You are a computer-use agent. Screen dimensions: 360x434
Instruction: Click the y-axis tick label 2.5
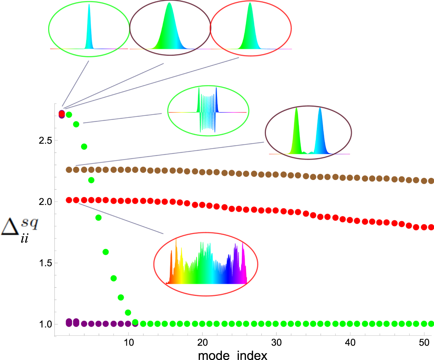(x=45, y=140)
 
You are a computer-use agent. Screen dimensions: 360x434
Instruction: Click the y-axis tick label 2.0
(x=45, y=202)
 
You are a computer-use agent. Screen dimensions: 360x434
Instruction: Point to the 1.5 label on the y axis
(x=45, y=263)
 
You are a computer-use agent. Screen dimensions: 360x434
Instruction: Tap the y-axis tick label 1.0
(x=45, y=324)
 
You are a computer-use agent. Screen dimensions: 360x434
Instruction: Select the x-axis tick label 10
(x=128, y=343)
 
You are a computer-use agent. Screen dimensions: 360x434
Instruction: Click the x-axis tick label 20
(x=202, y=343)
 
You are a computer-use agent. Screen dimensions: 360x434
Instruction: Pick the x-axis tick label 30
(x=276, y=343)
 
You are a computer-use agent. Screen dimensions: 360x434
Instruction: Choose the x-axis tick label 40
(x=350, y=343)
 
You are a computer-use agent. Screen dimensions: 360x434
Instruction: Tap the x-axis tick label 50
(x=424, y=343)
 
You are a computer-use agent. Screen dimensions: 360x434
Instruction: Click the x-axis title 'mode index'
(x=232, y=355)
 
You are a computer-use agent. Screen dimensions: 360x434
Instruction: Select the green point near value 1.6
(x=106, y=252)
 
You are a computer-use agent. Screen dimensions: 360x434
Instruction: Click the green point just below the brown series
(x=91, y=180)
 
